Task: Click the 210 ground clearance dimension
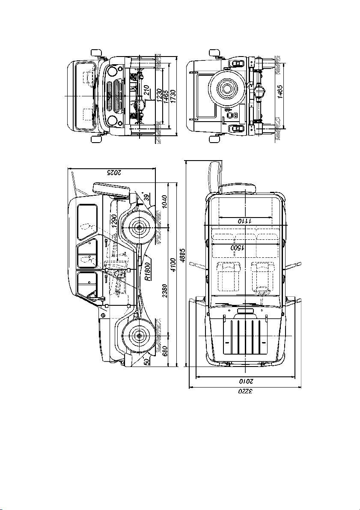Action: [147, 90]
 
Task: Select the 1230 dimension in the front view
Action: [159, 95]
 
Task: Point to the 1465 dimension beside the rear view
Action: [280, 91]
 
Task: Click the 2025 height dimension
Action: [112, 173]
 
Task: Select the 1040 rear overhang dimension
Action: [164, 203]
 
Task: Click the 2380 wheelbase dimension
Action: [164, 290]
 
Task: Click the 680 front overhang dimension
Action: [164, 351]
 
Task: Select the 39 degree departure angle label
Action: [147, 197]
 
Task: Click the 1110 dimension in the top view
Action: [245, 221]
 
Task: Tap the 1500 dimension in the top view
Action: [238, 248]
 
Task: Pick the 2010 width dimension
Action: [245, 381]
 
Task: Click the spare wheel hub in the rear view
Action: [226, 87]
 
